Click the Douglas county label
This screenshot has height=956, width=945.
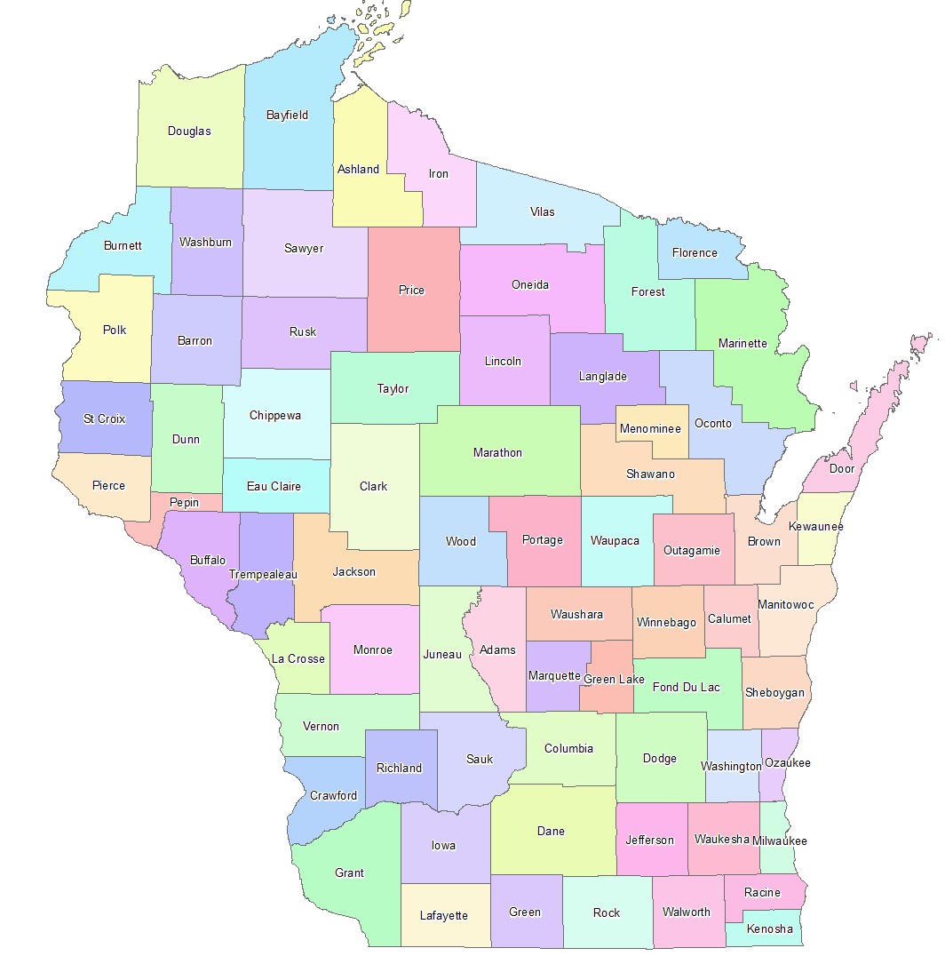(x=189, y=131)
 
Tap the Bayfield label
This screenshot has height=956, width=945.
(x=287, y=115)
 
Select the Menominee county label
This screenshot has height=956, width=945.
(x=651, y=429)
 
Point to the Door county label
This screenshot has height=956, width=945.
(x=841, y=468)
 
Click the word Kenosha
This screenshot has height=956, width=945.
(x=769, y=929)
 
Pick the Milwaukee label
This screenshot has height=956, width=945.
(x=779, y=840)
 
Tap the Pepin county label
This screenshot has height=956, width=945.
(x=185, y=503)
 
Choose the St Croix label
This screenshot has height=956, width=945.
(x=105, y=418)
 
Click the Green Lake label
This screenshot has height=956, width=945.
(x=613, y=680)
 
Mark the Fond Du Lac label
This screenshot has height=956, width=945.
(x=686, y=687)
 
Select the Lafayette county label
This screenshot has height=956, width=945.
(x=443, y=916)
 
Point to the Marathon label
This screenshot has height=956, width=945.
(x=497, y=452)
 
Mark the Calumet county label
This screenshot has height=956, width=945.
(x=729, y=619)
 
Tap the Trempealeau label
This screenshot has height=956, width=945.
(x=263, y=575)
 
